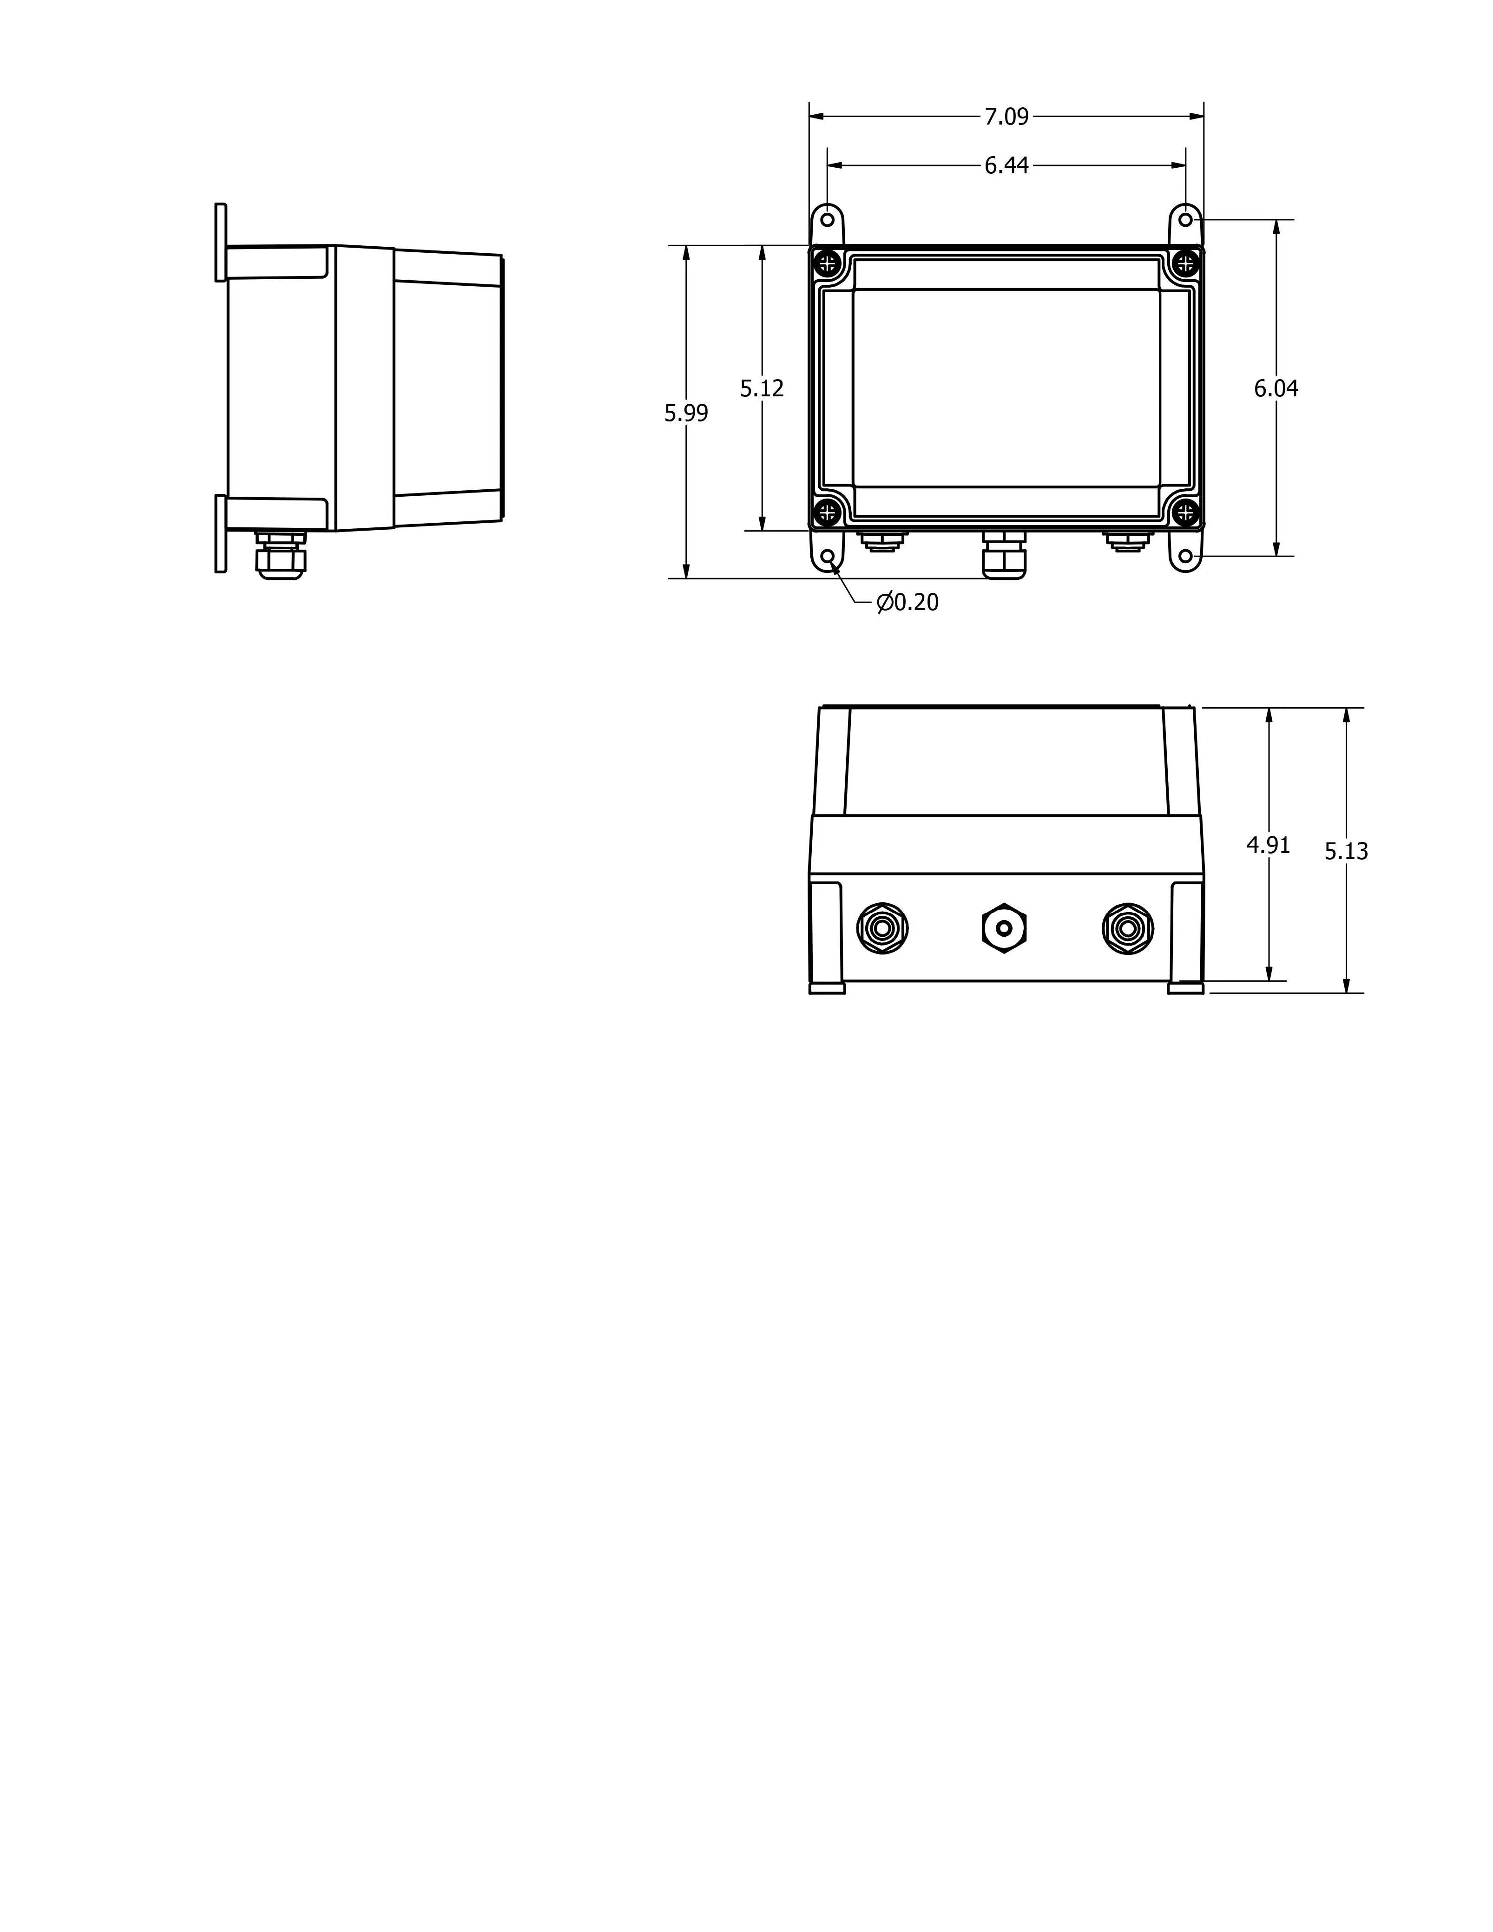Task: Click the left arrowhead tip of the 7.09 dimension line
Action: pos(809,116)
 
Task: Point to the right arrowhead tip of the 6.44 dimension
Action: pos(1185,164)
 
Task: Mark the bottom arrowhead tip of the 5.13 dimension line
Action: pos(1346,992)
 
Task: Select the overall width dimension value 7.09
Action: pos(1006,116)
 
